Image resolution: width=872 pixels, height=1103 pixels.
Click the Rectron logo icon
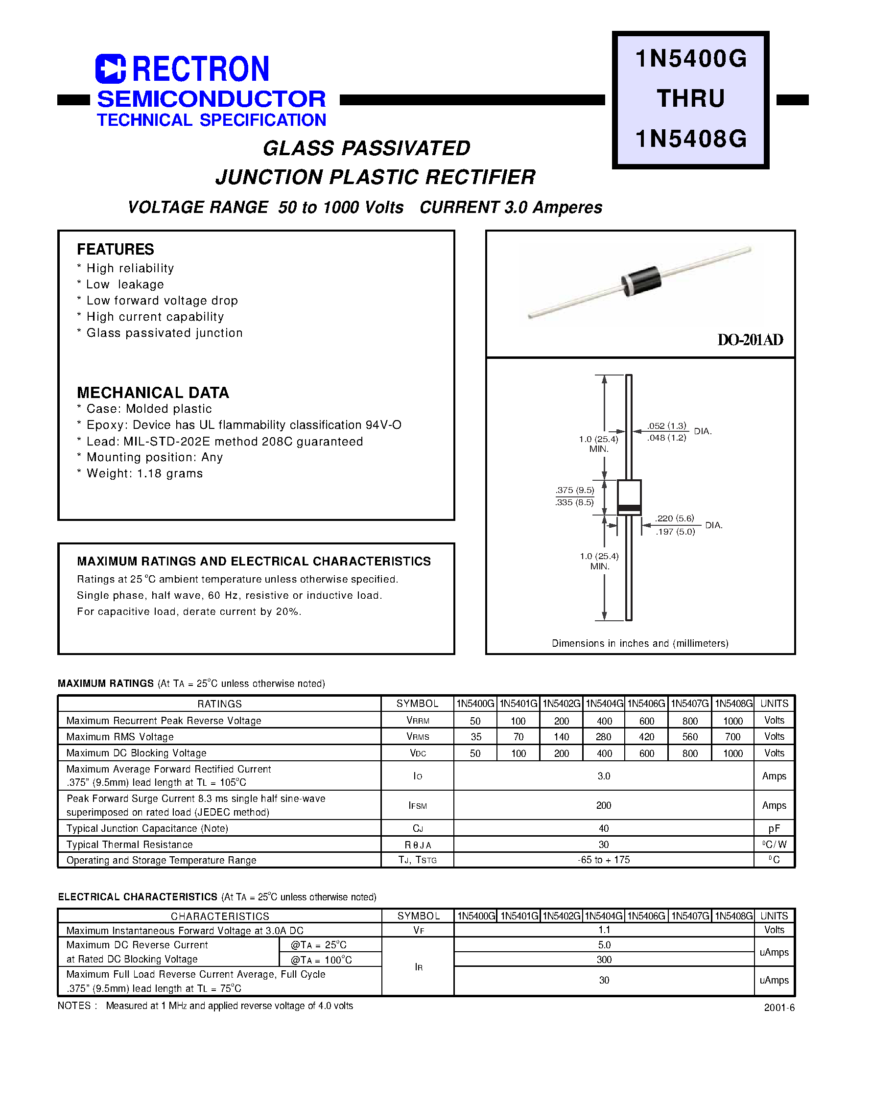[x=110, y=69]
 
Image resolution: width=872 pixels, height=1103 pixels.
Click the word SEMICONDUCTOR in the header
[x=211, y=99]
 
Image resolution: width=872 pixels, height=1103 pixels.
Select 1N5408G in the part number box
[x=691, y=139]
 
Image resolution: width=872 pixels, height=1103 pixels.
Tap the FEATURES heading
[x=116, y=249]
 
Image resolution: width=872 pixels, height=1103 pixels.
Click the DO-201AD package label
[x=750, y=340]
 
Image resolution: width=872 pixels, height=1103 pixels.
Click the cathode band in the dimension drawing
[x=629, y=508]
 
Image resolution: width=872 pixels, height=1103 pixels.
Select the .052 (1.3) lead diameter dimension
[x=667, y=426]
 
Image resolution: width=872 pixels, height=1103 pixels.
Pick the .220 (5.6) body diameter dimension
[x=675, y=518]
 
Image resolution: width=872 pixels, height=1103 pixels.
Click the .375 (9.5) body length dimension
[x=575, y=491]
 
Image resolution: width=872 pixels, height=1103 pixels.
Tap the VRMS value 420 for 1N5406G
[x=646, y=736]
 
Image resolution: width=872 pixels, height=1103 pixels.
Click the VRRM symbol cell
[x=418, y=720]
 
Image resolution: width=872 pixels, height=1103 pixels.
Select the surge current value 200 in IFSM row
[x=604, y=805]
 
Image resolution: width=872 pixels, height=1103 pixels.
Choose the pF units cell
[x=774, y=828]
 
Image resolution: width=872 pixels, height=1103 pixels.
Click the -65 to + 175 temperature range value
[x=604, y=860]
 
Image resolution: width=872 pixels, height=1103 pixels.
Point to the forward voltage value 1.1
[x=604, y=930]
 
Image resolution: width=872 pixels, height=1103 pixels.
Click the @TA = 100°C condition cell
[x=321, y=960]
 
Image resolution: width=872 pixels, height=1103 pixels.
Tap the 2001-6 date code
[x=779, y=1008]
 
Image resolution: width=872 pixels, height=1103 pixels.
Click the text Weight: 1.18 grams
[x=144, y=474]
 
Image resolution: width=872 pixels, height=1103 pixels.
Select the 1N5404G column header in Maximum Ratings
[x=604, y=704]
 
